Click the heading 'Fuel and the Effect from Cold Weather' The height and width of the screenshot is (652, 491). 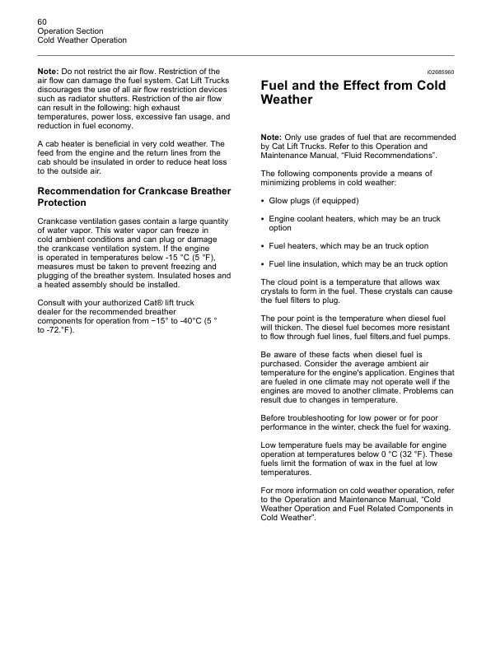pyautogui.click(x=353, y=92)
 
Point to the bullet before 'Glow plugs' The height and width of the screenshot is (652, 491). pyautogui.click(x=262, y=200)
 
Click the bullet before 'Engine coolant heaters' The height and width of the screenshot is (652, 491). pyautogui.click(x=262, y=219)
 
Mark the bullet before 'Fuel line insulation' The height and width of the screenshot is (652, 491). pyautogui.click(x=262, y=264)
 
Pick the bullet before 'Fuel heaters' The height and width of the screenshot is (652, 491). pyautogui.click(x=262, y=245)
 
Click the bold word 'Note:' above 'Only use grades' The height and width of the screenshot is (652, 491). pyautogui.click(x=271, y=137)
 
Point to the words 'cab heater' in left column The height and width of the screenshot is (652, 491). pyautogui.click(x=66, y=143)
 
